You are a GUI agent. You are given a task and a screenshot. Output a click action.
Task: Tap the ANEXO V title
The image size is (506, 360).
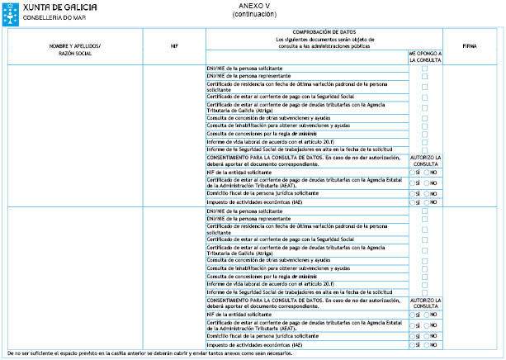[244, 6]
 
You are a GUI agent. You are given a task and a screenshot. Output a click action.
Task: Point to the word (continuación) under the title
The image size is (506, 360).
[244, 14]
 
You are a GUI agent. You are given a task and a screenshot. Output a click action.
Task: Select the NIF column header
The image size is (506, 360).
[174, 46]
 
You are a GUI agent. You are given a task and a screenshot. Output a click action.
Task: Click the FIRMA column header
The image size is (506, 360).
[471, 46]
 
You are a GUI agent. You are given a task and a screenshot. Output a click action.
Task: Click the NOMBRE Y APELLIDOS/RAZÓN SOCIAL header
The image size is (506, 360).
[75, 46]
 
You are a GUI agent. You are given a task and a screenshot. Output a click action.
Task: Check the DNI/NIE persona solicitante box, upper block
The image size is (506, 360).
[425, 68]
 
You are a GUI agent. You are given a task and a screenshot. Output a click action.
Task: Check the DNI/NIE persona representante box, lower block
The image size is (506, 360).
[425, 218]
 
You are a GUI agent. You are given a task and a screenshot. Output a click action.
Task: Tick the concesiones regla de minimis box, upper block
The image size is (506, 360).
[425, 133]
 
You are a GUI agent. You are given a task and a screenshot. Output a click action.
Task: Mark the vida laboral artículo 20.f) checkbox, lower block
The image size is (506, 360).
[425, 282]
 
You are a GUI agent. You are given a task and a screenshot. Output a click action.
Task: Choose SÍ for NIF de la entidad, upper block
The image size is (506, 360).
[413, 172]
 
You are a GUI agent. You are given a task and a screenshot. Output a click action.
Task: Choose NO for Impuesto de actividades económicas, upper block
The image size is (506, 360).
[428, 202]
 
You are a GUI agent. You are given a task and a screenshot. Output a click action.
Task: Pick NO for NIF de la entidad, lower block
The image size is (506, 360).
[428, 314]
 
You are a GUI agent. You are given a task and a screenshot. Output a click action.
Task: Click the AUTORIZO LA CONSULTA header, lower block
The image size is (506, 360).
[425, 301]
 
